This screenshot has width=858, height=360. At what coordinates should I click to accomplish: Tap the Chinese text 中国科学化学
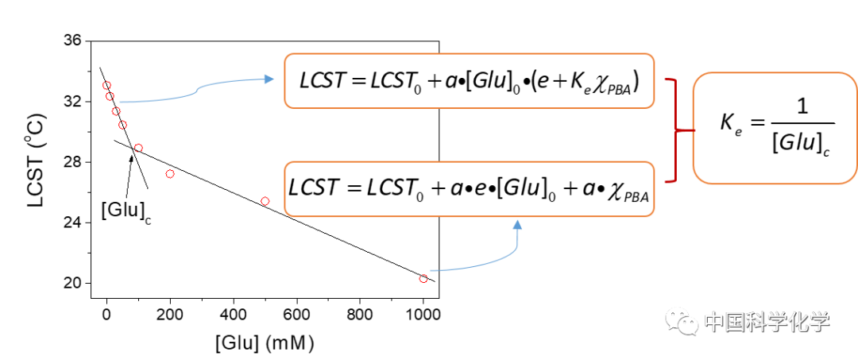pos(767,322)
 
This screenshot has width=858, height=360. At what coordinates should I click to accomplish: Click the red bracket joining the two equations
pos(674,130)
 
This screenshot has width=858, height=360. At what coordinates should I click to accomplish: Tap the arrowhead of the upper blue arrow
pos(269,79)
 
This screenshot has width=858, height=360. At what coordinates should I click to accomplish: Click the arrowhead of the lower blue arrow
pos(518,226)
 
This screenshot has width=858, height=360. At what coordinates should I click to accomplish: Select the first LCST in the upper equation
pos(322,81)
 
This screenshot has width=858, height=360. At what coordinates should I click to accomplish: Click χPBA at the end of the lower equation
pos(632,192)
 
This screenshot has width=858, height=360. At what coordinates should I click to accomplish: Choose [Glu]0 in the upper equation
pos(493,82)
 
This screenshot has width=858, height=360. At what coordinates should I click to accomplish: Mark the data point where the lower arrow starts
pos(423,278)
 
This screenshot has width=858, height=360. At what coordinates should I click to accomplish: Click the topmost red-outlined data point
pos(106,85)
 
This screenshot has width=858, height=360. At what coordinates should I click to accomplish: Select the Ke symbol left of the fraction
pos(730,124)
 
